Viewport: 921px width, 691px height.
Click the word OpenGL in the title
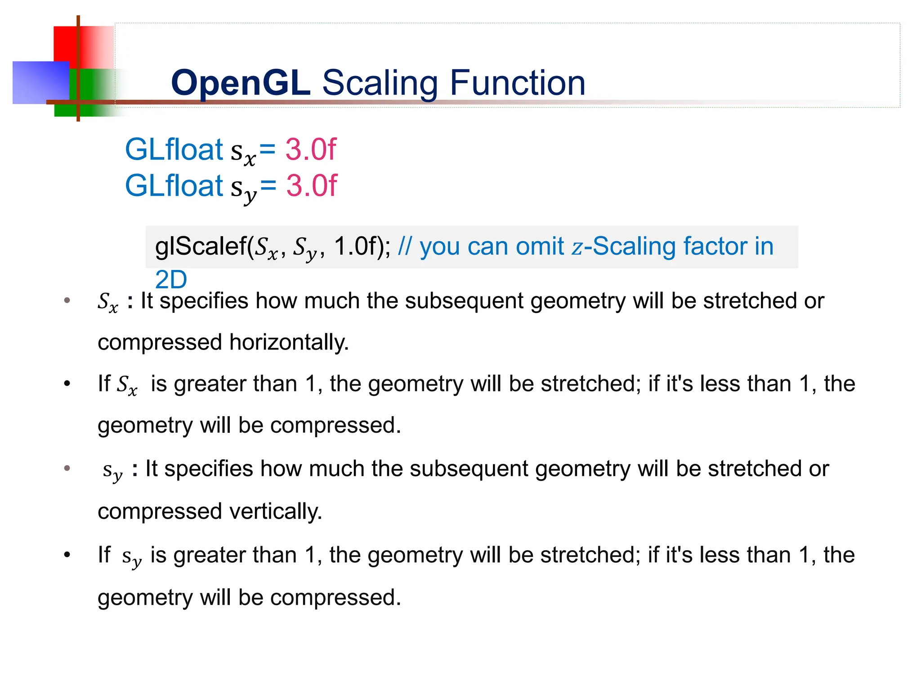[241, 83]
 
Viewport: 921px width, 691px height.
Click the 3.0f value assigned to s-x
[311, 149]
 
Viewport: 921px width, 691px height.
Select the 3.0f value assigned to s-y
[311, 186]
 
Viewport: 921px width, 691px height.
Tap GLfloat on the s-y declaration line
[174, 186]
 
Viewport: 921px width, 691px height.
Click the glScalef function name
[200, 247]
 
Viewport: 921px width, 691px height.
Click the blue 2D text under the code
[171, 280]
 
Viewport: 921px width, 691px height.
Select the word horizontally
[289, 343]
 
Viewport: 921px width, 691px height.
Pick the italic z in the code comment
[577, 247]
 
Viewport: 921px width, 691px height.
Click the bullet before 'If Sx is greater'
[67, 384]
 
